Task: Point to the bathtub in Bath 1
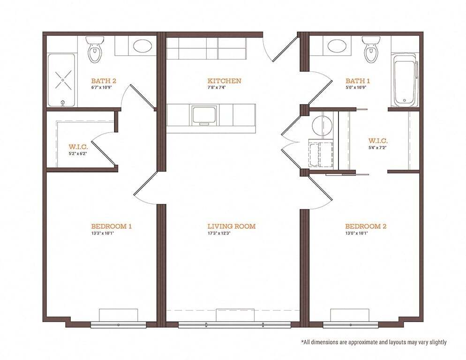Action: click(404, 82)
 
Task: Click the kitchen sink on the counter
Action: click(204, 115)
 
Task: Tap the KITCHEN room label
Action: click(225, 81)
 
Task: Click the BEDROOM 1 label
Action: click(111, 226)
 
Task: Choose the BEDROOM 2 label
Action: click(366, 226)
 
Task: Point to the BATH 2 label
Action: click(104, 81)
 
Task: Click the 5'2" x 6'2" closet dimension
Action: click(78, 153)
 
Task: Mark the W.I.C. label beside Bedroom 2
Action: click(378, 141)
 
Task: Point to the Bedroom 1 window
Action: click(118, 324)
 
